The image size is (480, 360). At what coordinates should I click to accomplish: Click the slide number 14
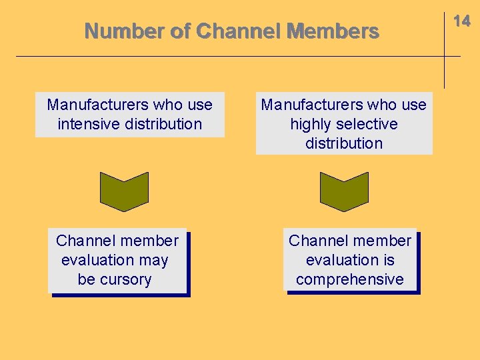click(x=462, y=21)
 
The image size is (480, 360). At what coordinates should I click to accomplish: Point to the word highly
click(x=311, y=124)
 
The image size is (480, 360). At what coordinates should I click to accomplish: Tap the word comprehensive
click(x=350, y=279)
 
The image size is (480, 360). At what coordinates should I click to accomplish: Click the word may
click(x=154, y=260)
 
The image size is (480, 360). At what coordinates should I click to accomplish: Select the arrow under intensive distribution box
click(x=124, y=191)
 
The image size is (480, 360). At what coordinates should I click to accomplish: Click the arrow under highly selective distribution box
click(x=344, y=191)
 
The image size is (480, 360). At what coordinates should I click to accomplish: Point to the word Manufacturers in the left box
click(x=97, y=105)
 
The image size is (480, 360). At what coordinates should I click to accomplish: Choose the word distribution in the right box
click(x=344, y=143)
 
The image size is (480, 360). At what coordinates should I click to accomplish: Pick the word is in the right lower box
click(x=387, y=260)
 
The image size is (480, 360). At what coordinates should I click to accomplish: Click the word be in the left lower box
click(x=86, y=279)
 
